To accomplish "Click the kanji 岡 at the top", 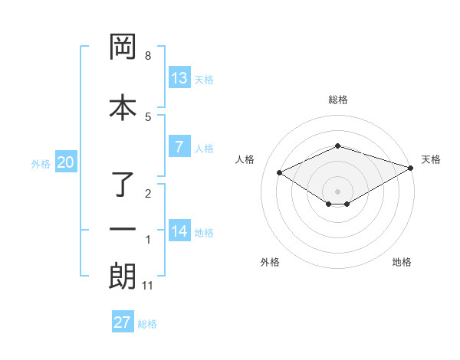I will pyautogui.click(x=123, y=47).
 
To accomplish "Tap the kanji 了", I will pyautogui.click(x=123, y=184).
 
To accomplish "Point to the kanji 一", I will pyautogui.click(x=123, y=229).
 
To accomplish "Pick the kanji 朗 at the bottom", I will pyautogui.click(x=123, y=277).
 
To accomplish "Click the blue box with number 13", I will pyautogui.click(x=179, y=78).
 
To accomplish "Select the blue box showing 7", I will pyautogui.click(x=179, y=147).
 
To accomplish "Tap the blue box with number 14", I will pyautogui.click(x=179, y=231).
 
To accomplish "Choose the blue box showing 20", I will pyautogui.click(x=65, y=162).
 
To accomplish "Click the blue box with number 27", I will pyautogui.click(x=123, y=322).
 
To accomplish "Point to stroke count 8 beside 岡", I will pyautogui.click(x=148, y=56).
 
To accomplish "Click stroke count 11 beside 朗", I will pyautogui.click(x=148, y=286).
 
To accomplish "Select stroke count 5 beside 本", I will pyautogui.click(x=148, y=116).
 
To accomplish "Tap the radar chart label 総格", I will pyautogui.click(x=338, y=100).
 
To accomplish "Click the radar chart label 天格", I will pyautogui.click(x=431, y=159).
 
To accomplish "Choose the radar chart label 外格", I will pyautogui.click(x=270, y=262).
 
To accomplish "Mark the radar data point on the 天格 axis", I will pyautogui.click(x=412, y=168).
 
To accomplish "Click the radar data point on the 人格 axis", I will pyautogui.click(x=280, y=172).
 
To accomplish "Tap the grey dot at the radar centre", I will pyautogui.click(x=338, y=191).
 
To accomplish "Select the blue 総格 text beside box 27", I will pyautogui.click(x=147, y=323).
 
